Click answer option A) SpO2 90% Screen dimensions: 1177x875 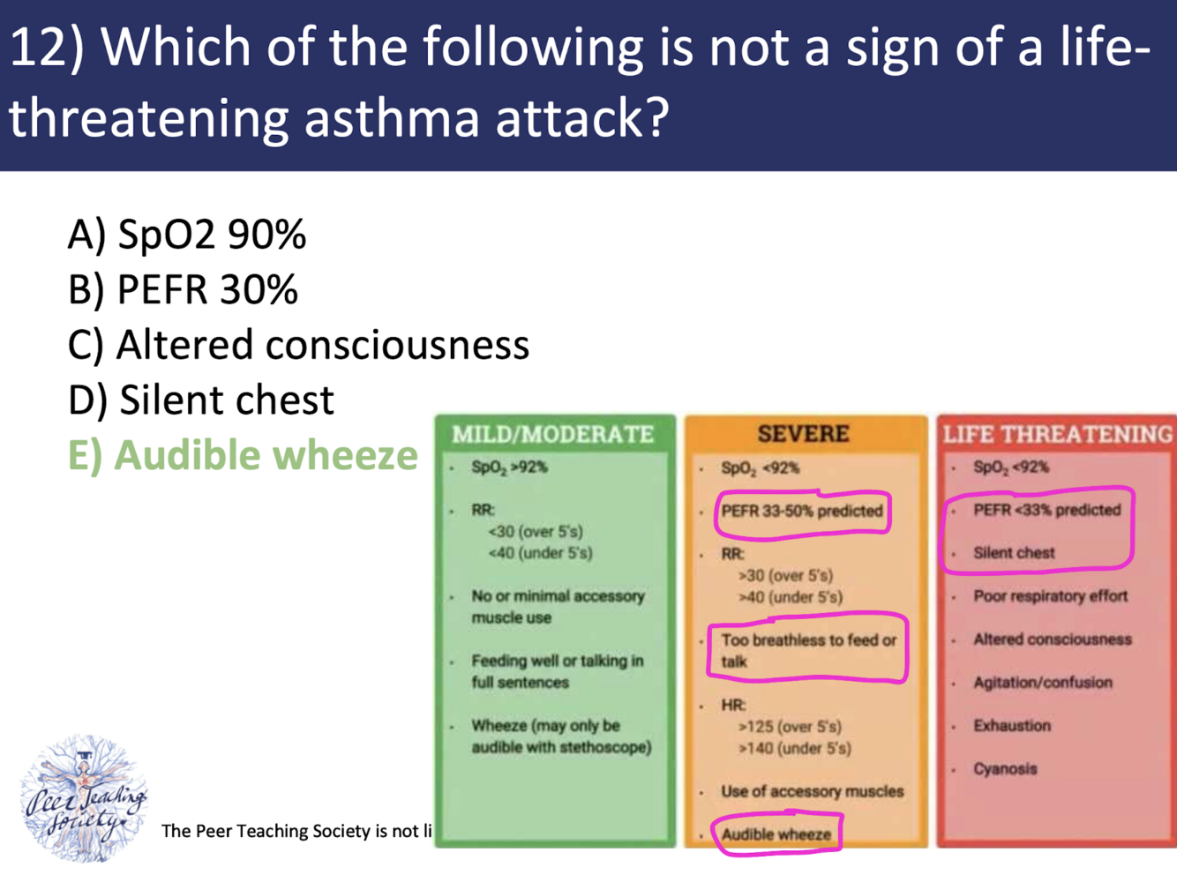click(186, 235)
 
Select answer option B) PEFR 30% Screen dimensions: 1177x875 click(183, 290)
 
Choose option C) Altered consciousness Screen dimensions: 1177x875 click(298, 345)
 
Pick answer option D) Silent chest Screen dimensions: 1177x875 click(201, 400)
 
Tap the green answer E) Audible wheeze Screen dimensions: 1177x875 click(243, 456)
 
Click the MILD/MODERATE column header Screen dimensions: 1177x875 click(553, 434)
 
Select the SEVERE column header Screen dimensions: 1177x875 click(803, 434)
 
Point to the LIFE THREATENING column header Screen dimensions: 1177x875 click(1057, 434)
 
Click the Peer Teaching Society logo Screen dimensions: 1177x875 click(84, 798)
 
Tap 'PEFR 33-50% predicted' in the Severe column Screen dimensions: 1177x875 click(801, 512)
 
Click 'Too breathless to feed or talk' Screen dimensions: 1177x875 click(807, 651)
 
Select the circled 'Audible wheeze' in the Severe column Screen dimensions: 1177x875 click(776, 834)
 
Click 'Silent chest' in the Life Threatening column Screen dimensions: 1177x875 click(1014, 553)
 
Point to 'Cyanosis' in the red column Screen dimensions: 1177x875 click(1005, 769)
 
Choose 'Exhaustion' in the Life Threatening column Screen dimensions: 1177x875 click(1012, 726)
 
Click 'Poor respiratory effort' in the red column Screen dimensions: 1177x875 click(1050, 596)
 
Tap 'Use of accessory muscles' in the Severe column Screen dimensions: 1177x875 click(812, 791)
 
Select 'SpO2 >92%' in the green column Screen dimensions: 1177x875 click(509, 467)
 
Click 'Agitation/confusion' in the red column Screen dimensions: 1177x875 click(1042, 683)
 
